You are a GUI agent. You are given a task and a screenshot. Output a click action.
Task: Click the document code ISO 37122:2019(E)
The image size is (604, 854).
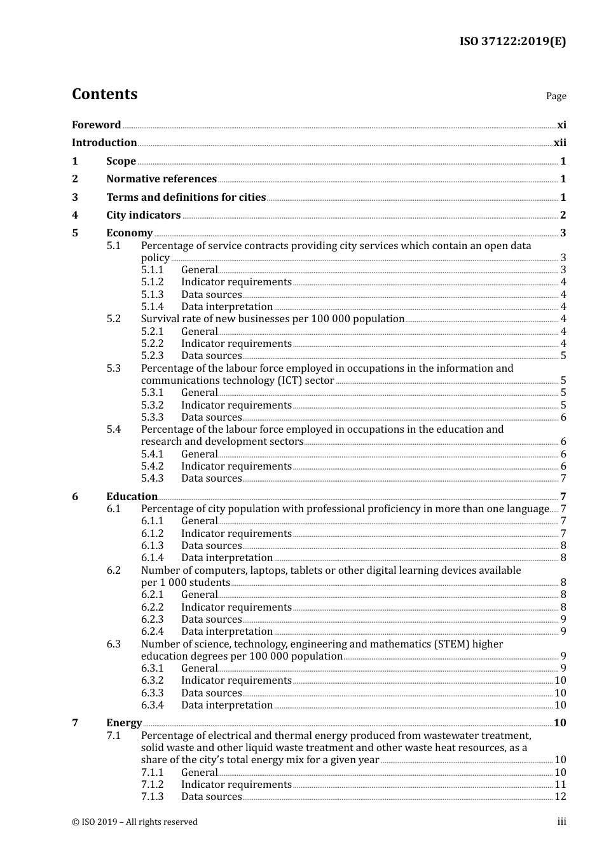512,41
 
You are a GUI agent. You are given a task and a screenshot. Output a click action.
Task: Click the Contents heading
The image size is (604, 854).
104,94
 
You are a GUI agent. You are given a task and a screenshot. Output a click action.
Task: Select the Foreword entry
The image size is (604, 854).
96,125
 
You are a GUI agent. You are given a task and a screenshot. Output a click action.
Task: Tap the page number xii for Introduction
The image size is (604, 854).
559,143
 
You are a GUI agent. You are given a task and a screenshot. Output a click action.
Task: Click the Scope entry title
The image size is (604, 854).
121,161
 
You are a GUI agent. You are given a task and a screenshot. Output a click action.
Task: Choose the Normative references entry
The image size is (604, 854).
161,179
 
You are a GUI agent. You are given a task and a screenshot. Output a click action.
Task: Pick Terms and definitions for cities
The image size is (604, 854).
186,198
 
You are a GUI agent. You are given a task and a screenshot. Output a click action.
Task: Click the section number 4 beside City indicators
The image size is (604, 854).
75,215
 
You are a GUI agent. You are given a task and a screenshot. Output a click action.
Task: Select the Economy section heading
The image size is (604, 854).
129,233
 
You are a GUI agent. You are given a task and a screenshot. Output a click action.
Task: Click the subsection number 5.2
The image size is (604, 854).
113,319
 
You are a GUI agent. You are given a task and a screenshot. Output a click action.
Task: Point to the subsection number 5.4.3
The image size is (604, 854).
152,478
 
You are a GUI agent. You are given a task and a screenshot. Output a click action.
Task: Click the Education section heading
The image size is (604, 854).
132,497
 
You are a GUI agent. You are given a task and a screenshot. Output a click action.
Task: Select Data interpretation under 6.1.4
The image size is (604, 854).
226,558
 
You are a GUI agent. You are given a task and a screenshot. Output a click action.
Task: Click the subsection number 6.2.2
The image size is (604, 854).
152,607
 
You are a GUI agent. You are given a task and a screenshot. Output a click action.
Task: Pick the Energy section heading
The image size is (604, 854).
124,723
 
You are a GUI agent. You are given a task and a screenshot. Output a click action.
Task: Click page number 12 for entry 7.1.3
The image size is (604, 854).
559,797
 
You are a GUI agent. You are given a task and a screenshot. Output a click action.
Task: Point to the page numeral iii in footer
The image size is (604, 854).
561,822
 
